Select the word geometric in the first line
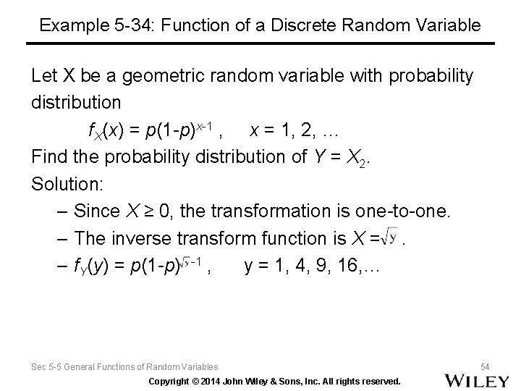coord(152,75)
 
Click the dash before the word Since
coord(61,211)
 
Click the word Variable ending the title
coord(449,25)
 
